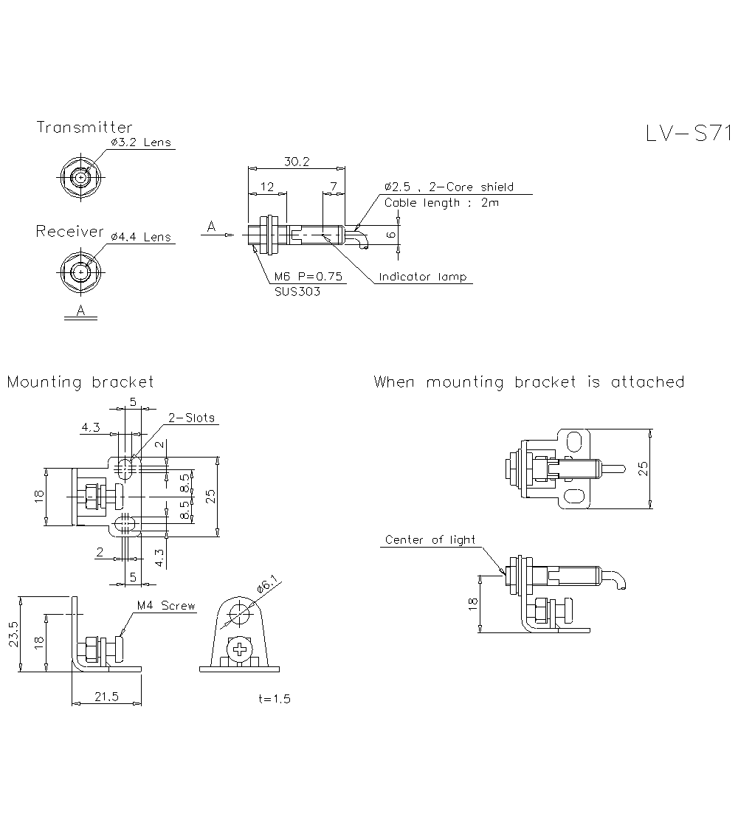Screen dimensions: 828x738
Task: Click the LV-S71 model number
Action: click(688, 134)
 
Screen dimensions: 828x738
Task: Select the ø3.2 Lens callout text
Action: click(140, 142)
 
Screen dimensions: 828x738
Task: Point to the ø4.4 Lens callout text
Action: click(140, 237)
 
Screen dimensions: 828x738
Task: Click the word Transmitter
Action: click(84, 128)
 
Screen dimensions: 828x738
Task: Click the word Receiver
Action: click(70, 232)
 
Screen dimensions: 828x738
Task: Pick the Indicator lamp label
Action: click(422, 277)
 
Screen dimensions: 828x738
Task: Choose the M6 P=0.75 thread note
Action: click(308, 277)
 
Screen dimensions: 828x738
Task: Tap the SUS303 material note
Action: click(297, 291)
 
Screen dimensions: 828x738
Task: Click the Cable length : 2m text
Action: click(441, 202)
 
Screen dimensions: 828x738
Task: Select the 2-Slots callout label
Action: click(191, 418)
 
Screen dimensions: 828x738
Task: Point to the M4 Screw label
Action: click(166, 606)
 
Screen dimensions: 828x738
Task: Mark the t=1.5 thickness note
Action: click(275, 699)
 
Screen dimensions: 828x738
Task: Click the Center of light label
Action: click(430, 540)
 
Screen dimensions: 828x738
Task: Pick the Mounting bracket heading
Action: click(80, 382)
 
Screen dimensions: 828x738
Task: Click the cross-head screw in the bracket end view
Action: click(240, 650)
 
